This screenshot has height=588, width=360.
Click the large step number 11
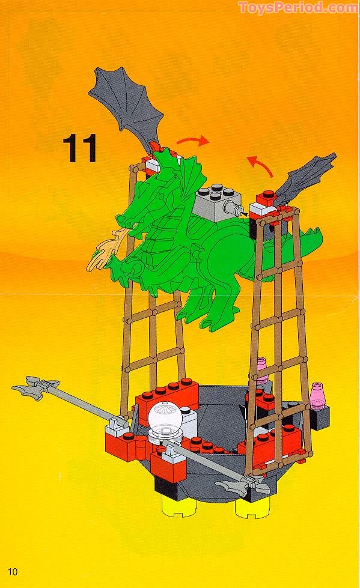(x=80, y=148)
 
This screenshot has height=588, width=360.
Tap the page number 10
(x=13, y=571)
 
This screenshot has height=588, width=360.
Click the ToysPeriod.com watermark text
(x=298, y=7)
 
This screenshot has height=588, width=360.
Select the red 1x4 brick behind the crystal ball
(x=167, y=397)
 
